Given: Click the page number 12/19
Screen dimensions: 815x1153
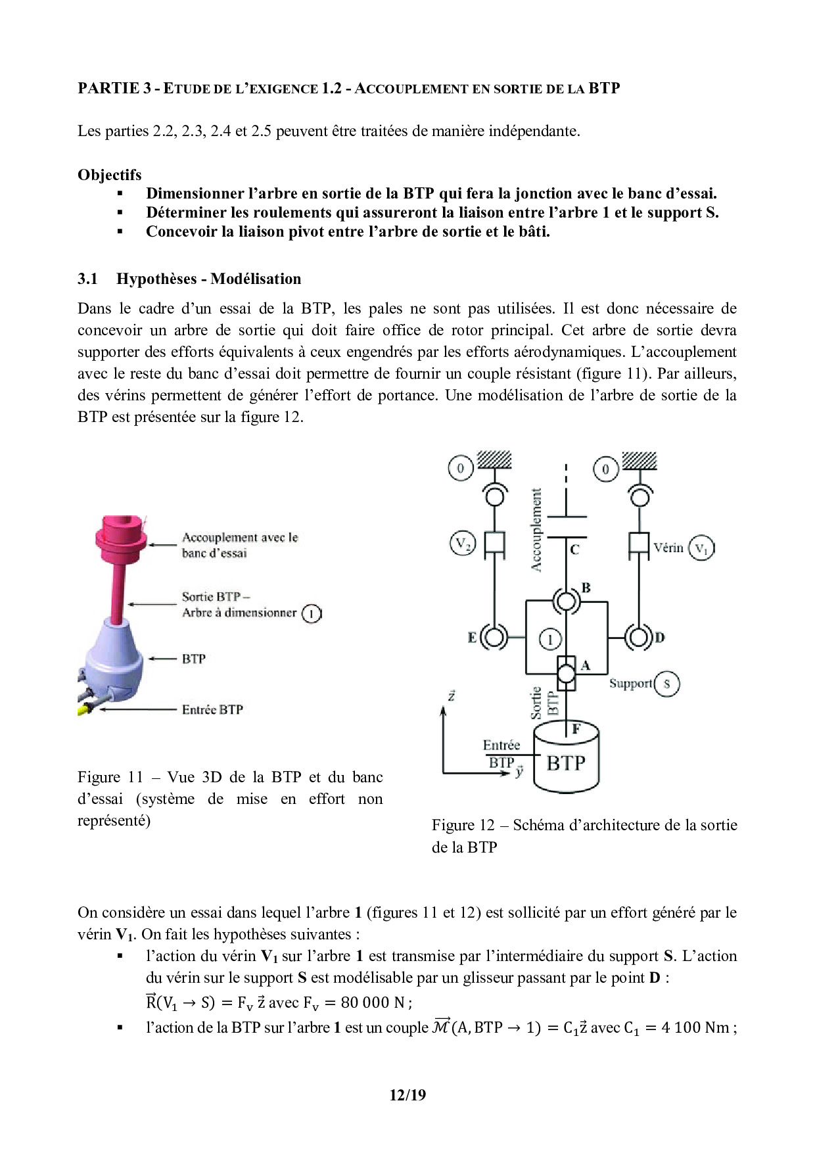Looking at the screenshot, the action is (407, 1095).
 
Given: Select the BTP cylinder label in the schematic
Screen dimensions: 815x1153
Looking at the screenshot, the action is (566, 763).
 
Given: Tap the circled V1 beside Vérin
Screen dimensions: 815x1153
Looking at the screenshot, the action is (701, 548).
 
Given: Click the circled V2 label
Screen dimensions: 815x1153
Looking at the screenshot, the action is (461, 544).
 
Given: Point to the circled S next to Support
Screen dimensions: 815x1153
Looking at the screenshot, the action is (666, 684).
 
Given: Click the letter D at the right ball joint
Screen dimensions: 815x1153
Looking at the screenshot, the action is (660, 637).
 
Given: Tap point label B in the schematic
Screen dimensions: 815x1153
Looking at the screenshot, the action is (586, 588).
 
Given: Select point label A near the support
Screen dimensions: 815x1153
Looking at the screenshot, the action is (585, 665).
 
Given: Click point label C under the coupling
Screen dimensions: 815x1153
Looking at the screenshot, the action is (575, 549).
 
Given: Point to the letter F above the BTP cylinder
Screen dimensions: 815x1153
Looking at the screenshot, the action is (576, 728).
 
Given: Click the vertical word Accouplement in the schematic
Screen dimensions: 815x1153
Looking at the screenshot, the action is (536, 530).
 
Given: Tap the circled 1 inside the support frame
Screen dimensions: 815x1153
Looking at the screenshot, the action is (551, 639).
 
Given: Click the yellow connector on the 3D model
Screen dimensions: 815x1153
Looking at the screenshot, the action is (85, 709).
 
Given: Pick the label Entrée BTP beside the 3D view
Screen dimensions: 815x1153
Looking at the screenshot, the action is (212, 710).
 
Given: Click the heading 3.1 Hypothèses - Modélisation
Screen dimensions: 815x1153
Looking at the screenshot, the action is (189, 279).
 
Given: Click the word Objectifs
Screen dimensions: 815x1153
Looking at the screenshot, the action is (110, 175).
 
